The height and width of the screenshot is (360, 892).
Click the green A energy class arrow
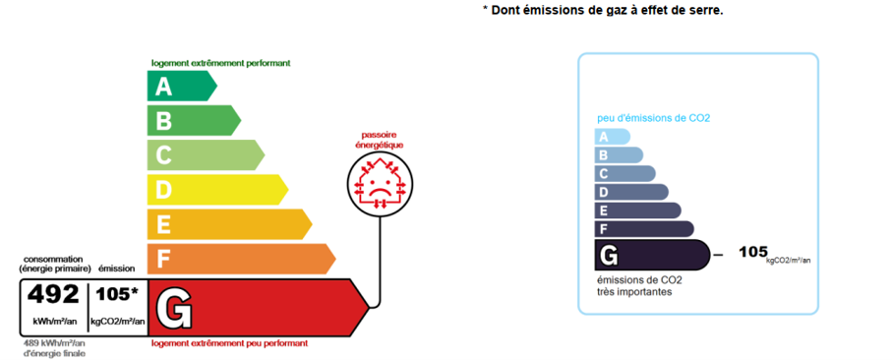coord(182,86)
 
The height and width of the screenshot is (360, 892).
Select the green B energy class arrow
coord(194,121)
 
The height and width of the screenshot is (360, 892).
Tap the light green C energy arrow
coord(206,154)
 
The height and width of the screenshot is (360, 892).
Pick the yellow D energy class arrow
coord(218,190)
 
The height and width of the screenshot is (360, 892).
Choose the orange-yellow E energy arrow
coord(230,224)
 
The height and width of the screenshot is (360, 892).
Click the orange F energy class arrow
coord(242,259)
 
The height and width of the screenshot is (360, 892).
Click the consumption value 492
coord(53,295)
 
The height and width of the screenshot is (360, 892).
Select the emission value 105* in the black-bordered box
coord(117,294)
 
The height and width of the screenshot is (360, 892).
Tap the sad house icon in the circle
coord(380,184)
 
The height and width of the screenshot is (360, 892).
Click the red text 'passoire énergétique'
coord(380,140)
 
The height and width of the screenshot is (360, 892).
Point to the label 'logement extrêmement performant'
coord(220,63)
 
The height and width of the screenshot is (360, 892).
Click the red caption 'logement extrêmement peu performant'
coord(230,343)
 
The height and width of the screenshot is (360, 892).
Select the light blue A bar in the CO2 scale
coord(613,137)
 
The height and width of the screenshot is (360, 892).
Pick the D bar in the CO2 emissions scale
coord(631,192)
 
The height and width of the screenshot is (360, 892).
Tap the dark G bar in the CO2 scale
coord(652,255)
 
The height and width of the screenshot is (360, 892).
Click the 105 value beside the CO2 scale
coord(753,252)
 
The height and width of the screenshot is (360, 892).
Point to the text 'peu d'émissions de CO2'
coord(654,118)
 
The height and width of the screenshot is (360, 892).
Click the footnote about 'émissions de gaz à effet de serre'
coord(603,10)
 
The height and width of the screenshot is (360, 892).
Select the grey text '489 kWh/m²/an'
coord(54,344)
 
